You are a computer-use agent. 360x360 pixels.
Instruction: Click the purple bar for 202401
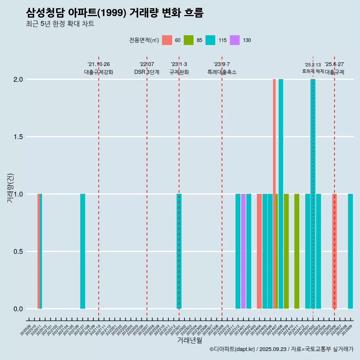(243, 251)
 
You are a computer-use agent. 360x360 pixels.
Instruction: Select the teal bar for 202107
(82, 251)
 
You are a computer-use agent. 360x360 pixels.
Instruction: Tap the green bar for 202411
(297, 251)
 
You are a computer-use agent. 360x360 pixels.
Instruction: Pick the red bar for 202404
(259, 251)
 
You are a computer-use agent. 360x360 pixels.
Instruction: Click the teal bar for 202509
(350, 251)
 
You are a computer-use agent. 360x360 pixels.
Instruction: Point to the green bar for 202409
(286, 251)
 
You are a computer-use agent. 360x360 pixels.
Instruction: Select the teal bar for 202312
(238, 251)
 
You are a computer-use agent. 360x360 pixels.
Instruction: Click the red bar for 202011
(38, 251)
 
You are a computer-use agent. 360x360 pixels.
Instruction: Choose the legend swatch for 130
(235, 40)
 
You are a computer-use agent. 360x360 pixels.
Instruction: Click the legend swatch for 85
(189, 40)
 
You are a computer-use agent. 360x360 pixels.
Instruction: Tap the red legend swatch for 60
(167, 40)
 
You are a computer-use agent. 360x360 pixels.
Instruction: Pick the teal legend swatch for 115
(210, 40)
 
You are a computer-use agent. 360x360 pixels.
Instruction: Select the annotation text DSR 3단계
(147, 72)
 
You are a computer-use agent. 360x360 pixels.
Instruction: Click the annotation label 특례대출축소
(222, 72)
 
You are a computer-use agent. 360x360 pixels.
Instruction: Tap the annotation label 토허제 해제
(313, 71)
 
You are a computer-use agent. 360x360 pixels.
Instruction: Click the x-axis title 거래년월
(189, 340)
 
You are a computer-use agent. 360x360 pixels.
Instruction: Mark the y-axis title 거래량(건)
(10, 188)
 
